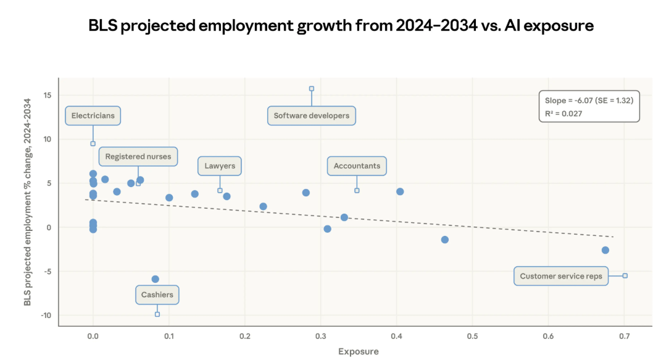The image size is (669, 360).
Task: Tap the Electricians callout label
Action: (x=93, y=115)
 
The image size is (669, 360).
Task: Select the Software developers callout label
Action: (x=312, y=115)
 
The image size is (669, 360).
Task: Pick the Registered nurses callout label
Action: (x=138, y=157)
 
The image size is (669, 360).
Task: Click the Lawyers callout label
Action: (x=220, y=166)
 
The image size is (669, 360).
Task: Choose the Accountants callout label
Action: (x=357, y=166)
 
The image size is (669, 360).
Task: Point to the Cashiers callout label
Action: (x=157, y=295)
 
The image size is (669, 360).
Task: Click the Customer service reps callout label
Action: (x=561, y=276)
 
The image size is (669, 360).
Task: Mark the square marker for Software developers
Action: (x=312, y=89)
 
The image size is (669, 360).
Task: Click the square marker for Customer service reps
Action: (x=625, y=275)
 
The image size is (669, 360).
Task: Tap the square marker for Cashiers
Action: (x=157, y=314)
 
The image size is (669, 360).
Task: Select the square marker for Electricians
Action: (x=93, y=143)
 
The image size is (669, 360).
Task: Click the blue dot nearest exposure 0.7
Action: (x=605, y=250)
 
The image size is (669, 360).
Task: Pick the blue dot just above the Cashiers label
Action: (x=156, y=279)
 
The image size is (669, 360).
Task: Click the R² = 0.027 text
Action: (x=563, y=114)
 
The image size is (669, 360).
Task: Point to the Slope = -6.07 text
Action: (x=589, y=100)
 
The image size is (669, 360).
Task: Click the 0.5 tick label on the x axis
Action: (x=472, y=336)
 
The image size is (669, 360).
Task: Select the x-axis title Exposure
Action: (x=358, y=351)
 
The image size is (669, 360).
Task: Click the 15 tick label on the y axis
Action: (x=47, y=95)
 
